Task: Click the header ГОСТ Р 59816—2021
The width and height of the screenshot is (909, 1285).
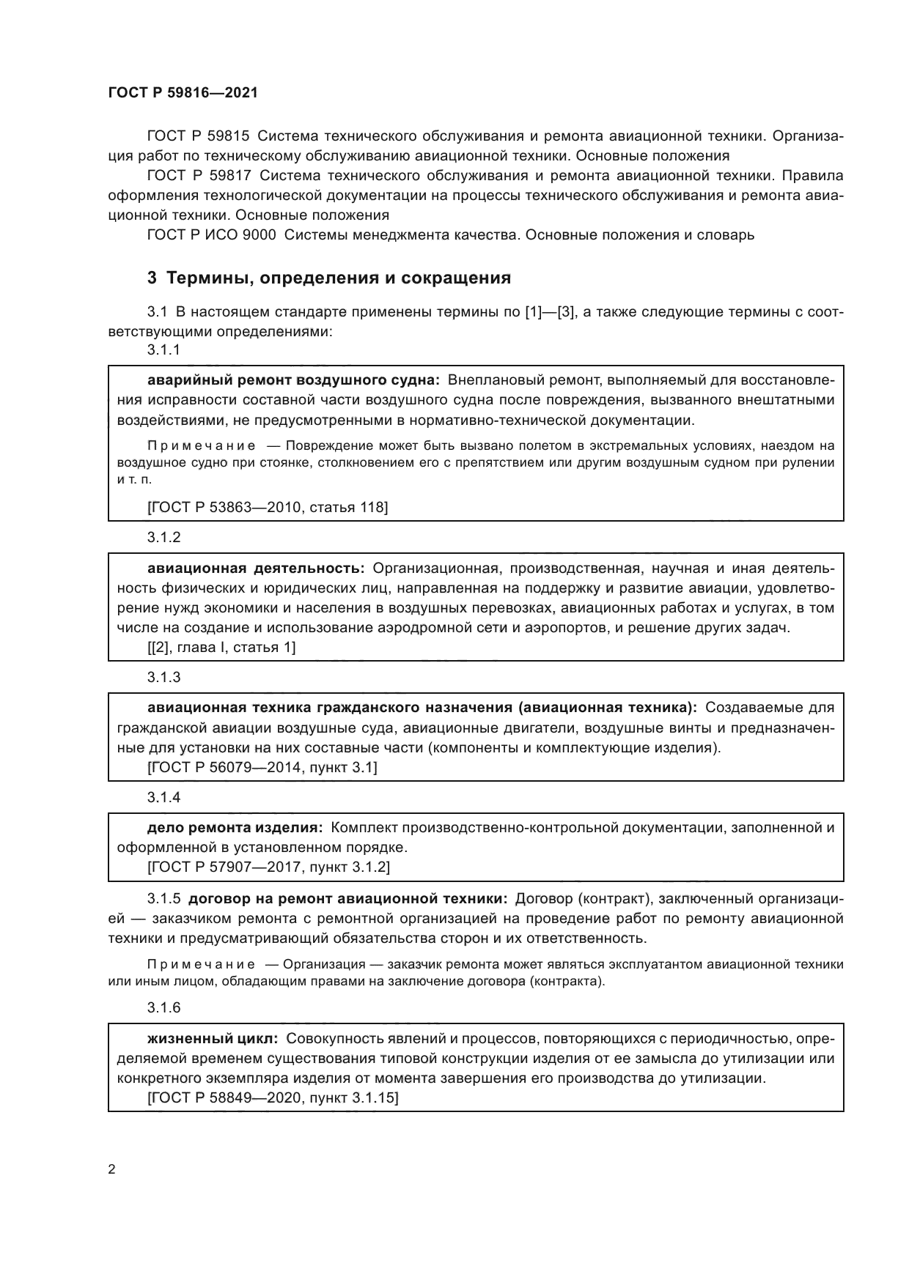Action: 183,93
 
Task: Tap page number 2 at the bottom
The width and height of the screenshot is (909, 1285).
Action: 112,1169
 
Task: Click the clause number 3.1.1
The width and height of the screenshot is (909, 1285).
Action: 163,350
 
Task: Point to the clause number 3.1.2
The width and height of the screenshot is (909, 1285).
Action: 163,537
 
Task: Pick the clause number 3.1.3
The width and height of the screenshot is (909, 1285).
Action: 163,677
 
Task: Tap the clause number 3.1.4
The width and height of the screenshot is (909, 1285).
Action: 163,797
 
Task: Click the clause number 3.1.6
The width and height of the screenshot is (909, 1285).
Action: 163,1007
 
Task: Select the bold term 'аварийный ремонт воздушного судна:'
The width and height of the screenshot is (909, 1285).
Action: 292,380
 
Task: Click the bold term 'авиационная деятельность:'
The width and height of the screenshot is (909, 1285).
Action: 256,568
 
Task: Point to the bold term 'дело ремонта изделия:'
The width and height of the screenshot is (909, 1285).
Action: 235,828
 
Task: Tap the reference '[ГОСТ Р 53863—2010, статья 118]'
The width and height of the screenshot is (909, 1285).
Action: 268,506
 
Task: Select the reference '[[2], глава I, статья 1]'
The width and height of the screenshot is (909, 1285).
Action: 221,647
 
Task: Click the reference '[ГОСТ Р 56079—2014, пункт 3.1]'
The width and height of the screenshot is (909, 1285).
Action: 262,767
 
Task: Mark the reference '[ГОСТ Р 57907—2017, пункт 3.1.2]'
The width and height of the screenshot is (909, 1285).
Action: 268,867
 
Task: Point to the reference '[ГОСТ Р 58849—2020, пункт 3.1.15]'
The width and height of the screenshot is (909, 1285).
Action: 273,1097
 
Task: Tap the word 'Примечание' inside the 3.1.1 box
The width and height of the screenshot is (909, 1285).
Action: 202,445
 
